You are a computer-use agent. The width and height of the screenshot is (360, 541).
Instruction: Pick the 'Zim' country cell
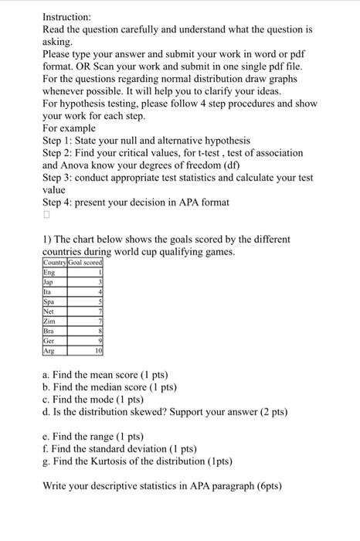(50, 320)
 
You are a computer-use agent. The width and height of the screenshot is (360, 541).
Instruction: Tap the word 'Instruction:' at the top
(67, 16)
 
